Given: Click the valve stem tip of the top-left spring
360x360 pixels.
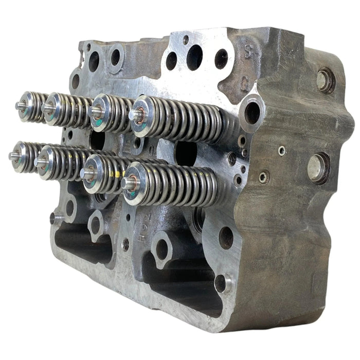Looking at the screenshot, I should tap(19, 106).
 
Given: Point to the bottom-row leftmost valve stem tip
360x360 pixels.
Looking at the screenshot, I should tap(13, 156).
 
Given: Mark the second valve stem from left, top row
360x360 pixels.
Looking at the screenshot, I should tap(48, 108).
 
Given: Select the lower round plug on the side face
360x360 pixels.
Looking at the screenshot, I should tap(318, 168).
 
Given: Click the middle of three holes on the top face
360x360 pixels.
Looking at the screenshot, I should tap(194, 57).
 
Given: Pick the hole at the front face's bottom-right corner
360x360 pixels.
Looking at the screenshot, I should tap(221, 283).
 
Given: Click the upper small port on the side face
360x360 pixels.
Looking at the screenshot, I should tap(282, 151).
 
